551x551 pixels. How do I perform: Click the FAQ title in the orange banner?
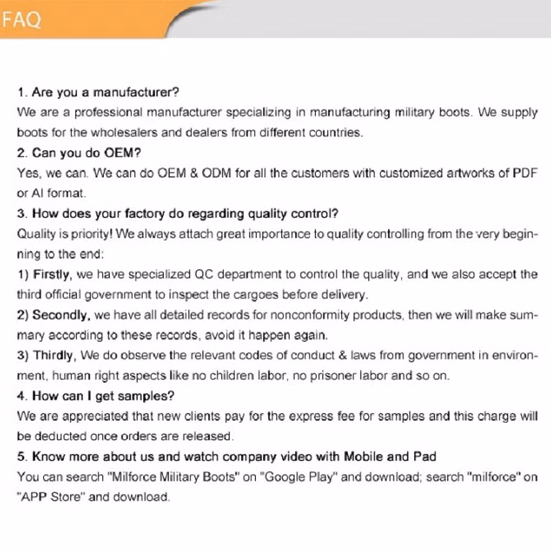click(21, 20)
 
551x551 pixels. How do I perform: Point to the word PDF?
click(525, 173)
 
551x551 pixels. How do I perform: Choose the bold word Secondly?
click(61, 315)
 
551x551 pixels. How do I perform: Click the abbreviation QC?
click(206, 274)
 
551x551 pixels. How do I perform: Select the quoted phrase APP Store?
click(51, 497)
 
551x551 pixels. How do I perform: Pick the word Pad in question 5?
click(424, 457)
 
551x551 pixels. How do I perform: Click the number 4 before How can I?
click(21, 396)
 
